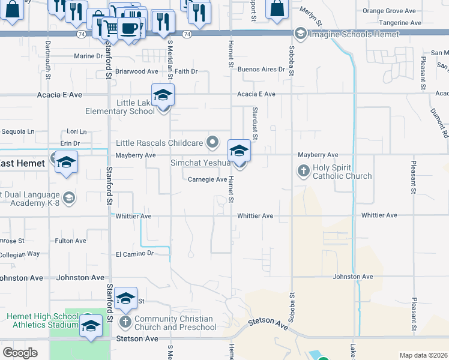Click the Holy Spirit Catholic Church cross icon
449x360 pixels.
[x=303, y=171]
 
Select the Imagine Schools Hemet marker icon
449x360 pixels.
[x=300, y=34]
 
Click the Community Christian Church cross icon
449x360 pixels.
[x=125, y=322]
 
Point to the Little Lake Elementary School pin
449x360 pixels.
[x=163, y=97]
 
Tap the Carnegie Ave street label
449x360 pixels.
[x=207, y=179]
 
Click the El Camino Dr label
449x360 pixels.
[x=134, y=254]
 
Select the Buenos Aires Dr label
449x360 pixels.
[x=261, y=70]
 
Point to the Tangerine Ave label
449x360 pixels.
[x=400, y=23]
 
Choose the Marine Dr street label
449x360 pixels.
[x=88, y=56]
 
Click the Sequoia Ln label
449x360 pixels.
[x=17, y=131]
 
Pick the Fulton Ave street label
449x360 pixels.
[x=71, y=241]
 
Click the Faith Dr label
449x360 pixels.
[x=186, y=71]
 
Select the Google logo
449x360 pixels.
[x=20, y=353]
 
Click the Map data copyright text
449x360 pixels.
[x=424, y=355]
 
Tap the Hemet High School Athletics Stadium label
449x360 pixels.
[x=42, y=321]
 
